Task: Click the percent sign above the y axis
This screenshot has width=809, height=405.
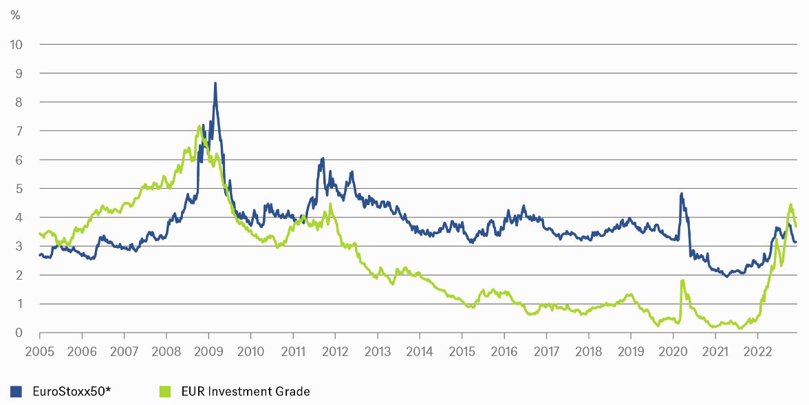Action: [15, 15]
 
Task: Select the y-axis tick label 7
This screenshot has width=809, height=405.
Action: [19, 131]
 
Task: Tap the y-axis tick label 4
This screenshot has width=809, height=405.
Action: [19, 218]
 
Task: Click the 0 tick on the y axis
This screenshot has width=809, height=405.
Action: [19, 333]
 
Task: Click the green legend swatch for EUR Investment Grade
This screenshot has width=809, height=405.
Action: [164, 392]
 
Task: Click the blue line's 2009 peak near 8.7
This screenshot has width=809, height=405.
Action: [215, 83]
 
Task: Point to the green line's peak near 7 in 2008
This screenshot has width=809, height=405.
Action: [199, 126]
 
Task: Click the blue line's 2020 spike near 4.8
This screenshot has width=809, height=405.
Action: [681, 194]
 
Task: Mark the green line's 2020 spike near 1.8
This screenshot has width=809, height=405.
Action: [682, 280]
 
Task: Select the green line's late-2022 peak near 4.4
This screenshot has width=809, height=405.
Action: [791, 205]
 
